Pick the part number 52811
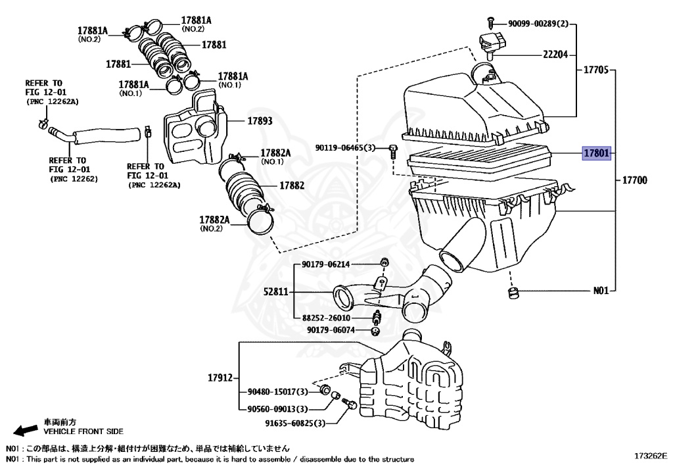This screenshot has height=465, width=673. click(277, 291)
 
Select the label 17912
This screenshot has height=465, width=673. click(220, 378)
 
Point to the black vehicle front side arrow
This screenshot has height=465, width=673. click(26, 430)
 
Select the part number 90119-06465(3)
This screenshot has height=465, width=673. click(344, 148)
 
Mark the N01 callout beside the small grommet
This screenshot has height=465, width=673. click(601, 290)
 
